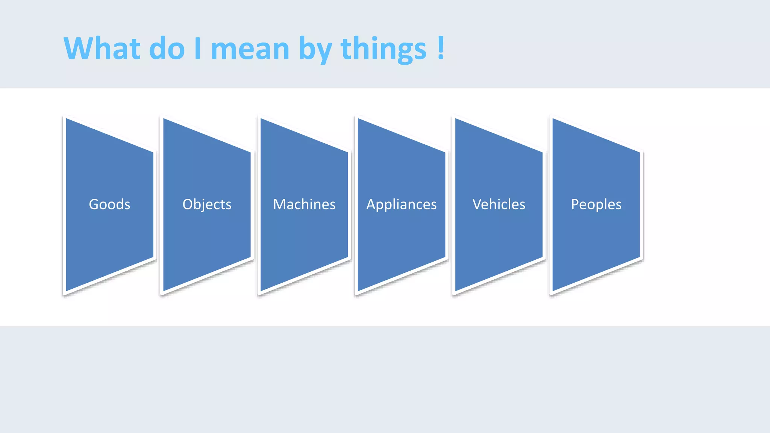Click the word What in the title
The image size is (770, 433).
point(102,48)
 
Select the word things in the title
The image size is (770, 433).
point(383,49)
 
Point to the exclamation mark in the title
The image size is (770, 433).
point(441,48)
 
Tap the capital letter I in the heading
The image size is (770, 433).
point(198,48)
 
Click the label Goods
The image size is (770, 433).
point(109,204)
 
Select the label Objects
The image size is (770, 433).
point(207,204)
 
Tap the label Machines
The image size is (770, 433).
point(304,204)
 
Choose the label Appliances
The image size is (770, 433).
point(402,204)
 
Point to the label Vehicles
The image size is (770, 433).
point(499,204)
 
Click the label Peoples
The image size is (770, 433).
point(596,204)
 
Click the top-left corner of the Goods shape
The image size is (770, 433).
point(67,119)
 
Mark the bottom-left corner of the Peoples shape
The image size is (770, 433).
point(553,291)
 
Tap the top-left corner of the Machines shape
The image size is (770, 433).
point(261,119)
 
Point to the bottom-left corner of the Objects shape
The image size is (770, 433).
point(164,291)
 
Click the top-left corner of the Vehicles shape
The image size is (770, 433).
point(456,119)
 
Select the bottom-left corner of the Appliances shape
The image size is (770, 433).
point(358,291)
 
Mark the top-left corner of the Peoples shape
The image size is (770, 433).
point(553,119)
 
